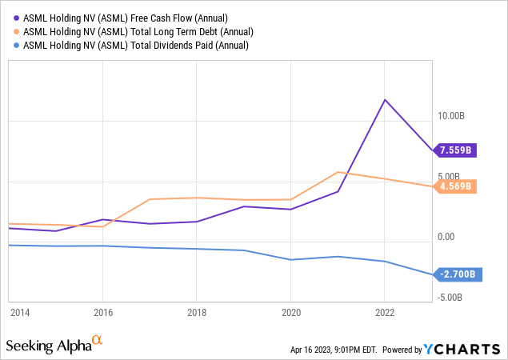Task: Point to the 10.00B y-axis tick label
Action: pos(452,116)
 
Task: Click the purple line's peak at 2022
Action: pos(386,100)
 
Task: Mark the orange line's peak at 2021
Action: pos(338,172)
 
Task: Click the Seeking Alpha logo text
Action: pos(48,346)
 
